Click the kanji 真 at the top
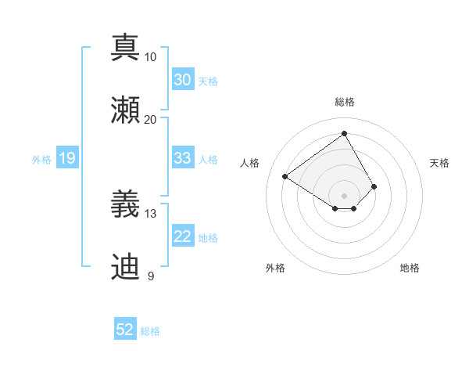click(125, 46)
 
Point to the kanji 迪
click(125, 266)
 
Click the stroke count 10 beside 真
click(150, 57)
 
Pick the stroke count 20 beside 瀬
click(150, 120)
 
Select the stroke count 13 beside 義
click(150, 214)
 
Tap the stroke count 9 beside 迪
click(150, 276)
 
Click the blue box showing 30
click(182, 80)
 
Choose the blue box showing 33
click(182, 158)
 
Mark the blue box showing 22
click(182, 236)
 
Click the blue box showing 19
click(66, 158)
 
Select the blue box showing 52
click(125, 330)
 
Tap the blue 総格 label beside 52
click(150, 331)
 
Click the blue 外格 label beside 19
click(41, 159)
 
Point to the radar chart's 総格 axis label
click(344, 102)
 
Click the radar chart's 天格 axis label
click(439, 163)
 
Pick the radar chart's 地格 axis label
click(410, 268)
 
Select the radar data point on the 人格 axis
click(285, 176)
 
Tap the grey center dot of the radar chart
click(344, 195)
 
